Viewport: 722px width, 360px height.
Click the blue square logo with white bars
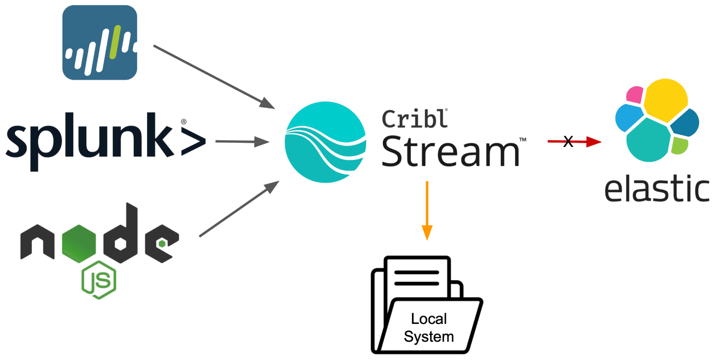tap(100, 43)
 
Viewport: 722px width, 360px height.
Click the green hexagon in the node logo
tap(79, 243)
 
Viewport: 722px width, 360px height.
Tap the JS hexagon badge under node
tap(99, 280)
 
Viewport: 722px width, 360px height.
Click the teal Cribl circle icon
tap(325, 142)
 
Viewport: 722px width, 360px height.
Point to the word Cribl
tap(415, 119)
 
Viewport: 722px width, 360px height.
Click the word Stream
tap(450, 151)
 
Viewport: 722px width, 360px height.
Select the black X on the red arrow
tap(568, 141)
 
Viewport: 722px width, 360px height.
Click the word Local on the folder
tap(429, 318)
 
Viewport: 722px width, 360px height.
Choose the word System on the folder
tap(429, 337)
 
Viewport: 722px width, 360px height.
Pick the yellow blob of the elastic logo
tap(666, 99)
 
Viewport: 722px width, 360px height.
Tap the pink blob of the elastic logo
tap(634, 95)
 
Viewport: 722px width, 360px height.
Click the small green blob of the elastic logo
tap(680, 145)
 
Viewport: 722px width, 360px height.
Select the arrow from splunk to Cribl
tap(242, 142)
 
